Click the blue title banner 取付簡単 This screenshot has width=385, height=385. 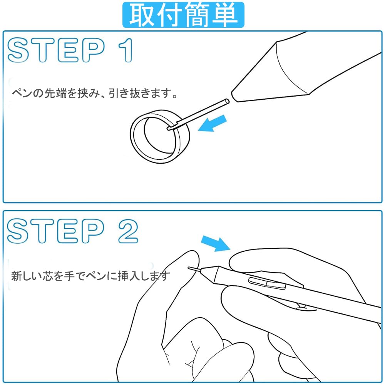[x=183, y=15]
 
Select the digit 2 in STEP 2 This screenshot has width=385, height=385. [x=128, y=231]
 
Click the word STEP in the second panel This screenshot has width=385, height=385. [x=55, y=231]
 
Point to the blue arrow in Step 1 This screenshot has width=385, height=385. [x=212, y=124]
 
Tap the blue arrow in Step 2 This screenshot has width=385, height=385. [x=216, y=243]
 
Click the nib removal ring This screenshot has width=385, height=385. [x=160, y=137]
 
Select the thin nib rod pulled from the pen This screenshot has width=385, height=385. [x=198, y=114]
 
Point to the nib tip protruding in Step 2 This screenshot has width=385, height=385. [x=194, y=269]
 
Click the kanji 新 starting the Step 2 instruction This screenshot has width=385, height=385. [x=17, y=276]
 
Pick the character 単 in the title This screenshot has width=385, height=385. [x=225, y=15]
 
